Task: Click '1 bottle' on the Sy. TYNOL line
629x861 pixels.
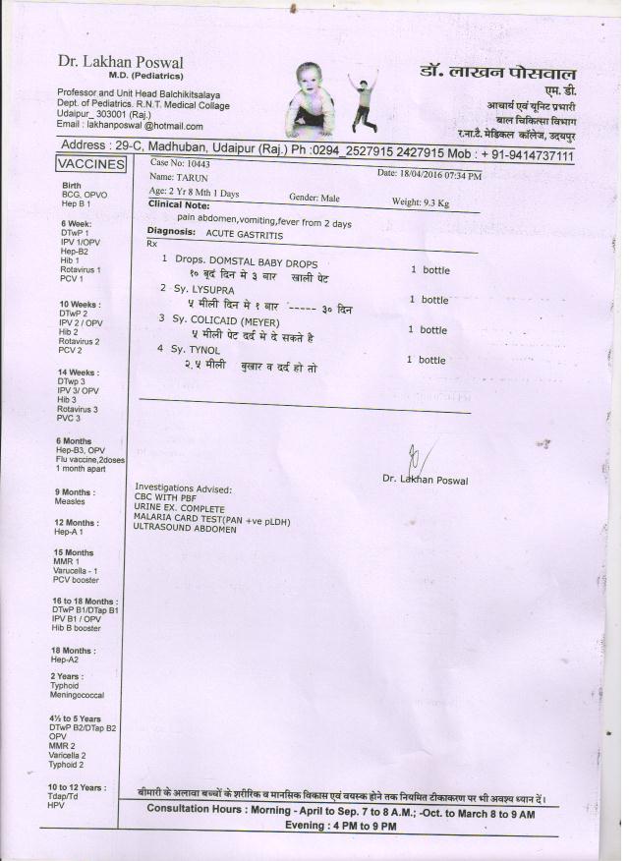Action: [427, 360]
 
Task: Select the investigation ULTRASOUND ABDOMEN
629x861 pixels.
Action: [185, 529]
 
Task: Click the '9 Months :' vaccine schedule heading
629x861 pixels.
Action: [75, 491]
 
